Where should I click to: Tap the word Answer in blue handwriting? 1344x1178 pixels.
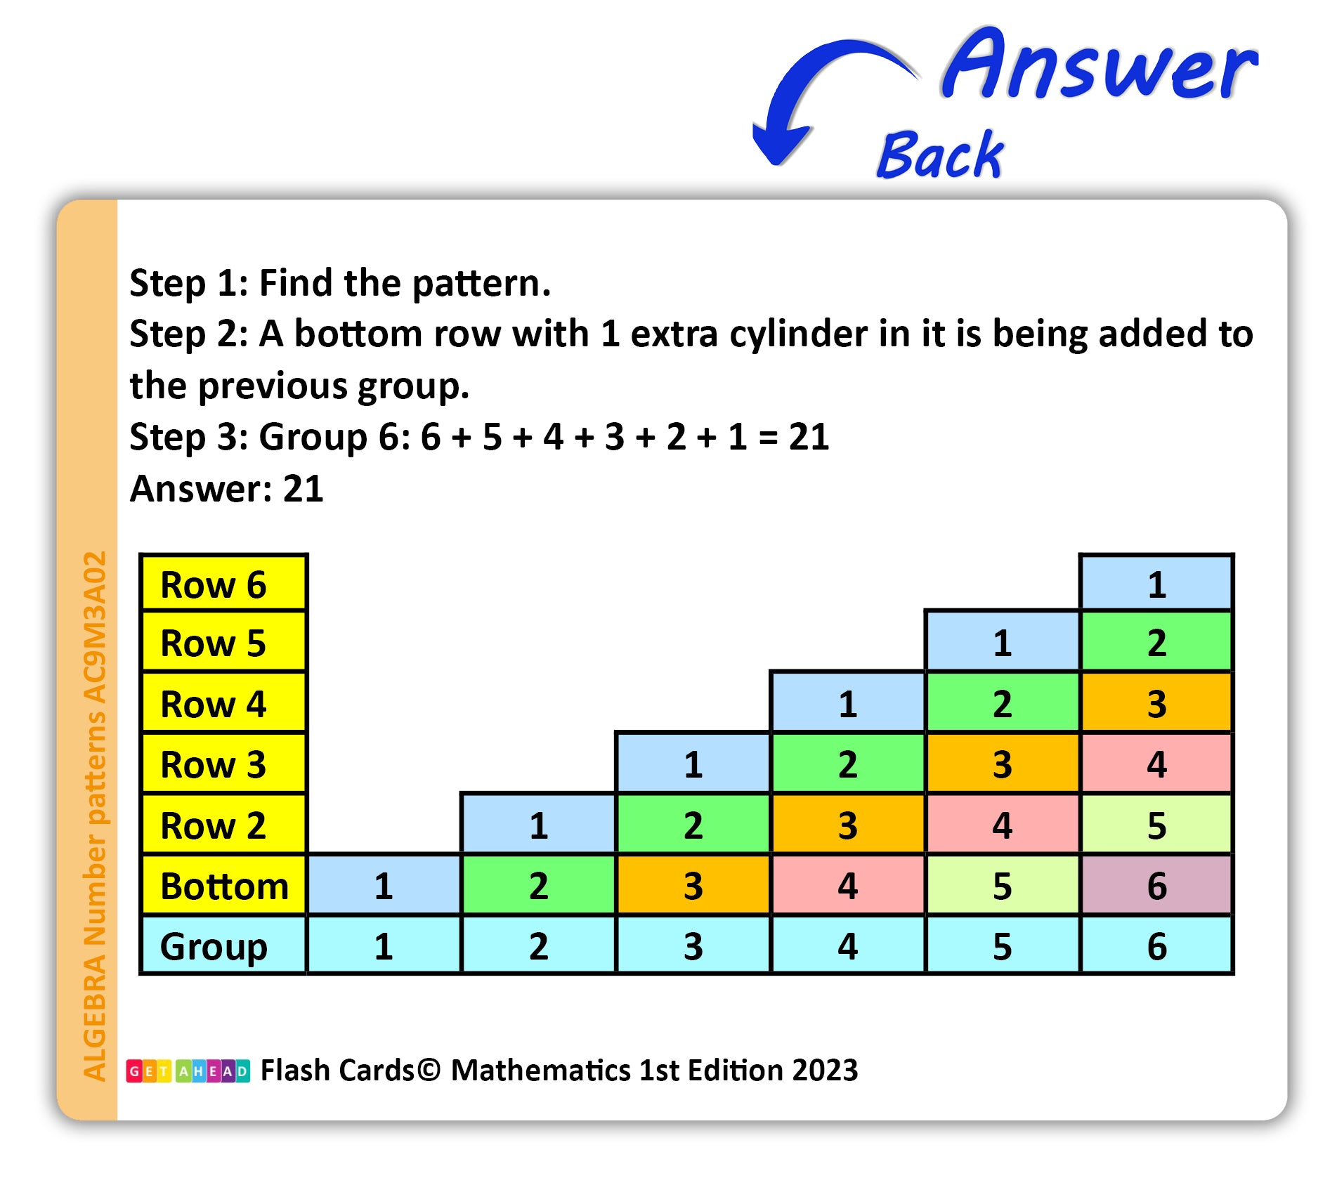(x=1100, y=65)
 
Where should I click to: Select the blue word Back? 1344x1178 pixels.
(x=941, y=155)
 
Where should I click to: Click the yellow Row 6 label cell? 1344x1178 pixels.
(x=224, y=583)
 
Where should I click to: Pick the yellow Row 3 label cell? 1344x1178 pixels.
(x=224, y=764)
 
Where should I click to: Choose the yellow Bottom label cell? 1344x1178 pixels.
(x=224, y=885)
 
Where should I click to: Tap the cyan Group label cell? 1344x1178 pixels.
(x=224, y=945)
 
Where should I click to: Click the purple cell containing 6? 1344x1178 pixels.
(x=1156, y=885)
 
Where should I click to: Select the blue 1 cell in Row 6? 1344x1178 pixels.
(x=1156, y=583)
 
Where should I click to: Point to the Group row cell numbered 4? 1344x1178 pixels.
(x=848, y=945)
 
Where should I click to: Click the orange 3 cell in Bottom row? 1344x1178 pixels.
(x=693, y=885)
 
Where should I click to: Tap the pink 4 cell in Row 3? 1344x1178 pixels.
(x=1156, y=764)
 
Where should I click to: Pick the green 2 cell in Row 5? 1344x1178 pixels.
(x=1156, y=642)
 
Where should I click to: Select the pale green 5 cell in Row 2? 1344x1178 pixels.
(x=1156, y=825)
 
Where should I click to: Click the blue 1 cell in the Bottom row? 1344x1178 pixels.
(x=384, y=885)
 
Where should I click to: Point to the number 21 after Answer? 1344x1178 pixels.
(x=303, y=488)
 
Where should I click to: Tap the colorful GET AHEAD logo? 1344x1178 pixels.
(x=188, y=1071)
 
